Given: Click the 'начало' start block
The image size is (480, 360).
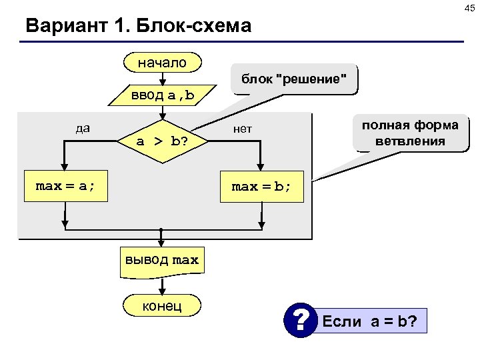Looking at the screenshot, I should [162, 63].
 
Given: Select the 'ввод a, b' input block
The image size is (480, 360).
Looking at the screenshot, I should [162, 95].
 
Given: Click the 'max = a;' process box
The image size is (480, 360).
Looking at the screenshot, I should [65, 187].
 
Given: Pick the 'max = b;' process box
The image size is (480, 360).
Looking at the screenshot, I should [261, 187].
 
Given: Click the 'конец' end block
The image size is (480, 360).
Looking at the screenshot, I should [162, 305].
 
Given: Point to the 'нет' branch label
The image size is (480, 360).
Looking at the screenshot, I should [243, 128].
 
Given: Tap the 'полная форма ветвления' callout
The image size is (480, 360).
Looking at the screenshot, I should [410, 133].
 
